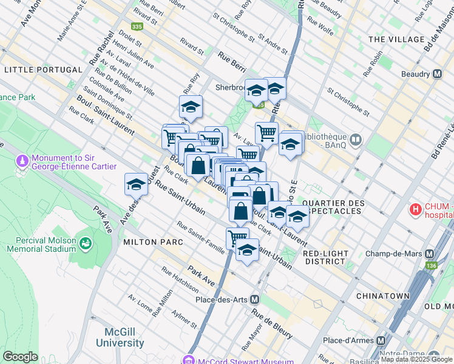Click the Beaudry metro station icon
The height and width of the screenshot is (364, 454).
(437, 74)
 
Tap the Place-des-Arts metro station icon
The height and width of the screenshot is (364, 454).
(255, 299)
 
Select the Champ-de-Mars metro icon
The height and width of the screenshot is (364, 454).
(430, 254)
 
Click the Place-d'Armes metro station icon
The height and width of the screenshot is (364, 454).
(382, 340)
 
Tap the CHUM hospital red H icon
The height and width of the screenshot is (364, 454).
(416, 211)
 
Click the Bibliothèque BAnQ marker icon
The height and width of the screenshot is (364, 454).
(356, 141)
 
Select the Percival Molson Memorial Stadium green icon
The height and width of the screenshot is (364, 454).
(85, 243)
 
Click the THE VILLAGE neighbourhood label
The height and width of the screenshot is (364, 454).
(396, 39)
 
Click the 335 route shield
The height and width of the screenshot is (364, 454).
(137, 27)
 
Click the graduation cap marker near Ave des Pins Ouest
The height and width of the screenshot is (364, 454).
(136, 184)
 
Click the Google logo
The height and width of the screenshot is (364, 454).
(20, 357)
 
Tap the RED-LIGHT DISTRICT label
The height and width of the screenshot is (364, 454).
(325, 257)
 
